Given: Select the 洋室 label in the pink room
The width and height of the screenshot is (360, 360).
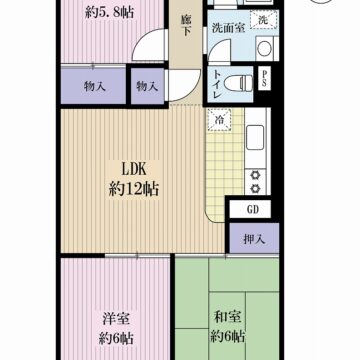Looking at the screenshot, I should [x=113, y=319].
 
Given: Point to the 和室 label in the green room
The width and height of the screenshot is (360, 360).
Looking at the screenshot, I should [x=224, y=319].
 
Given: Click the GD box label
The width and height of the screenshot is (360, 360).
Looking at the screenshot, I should [x=254, y=210].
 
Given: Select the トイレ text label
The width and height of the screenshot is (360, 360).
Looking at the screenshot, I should [x=217, y=85].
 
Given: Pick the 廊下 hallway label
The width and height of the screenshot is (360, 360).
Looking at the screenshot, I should [x=186, y=25].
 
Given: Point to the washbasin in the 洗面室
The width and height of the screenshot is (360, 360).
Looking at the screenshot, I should [x=265, y=48].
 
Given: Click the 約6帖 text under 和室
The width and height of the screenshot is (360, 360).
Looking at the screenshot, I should [x=228, y=337].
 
